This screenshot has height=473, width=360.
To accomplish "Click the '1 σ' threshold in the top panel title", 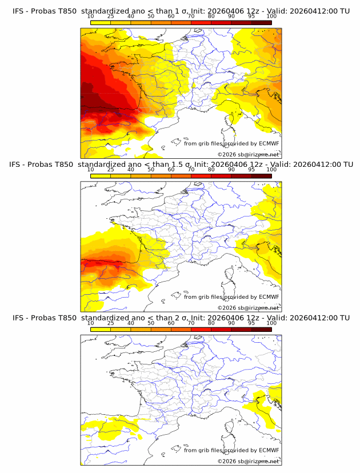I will pyautogui.click(x=185, y=11).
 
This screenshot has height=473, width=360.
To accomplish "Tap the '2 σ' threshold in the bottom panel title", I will pyautogui.click(x=185, y=318).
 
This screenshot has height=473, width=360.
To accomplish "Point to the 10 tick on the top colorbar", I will pyautogui.click(x=90, y=16).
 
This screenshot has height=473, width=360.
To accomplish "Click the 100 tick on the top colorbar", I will pyautogui.click(x=271, y=16).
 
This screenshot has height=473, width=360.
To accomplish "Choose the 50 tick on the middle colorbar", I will pyautogui.click(x=151, y=170).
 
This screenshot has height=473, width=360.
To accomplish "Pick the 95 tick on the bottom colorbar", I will pyautogui.click(x=251, y=323).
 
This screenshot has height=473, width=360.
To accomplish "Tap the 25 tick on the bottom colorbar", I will pyautogui.click(x=110, y=323).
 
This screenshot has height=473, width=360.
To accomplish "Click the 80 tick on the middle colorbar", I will pyautogui.click(x=211, y=170).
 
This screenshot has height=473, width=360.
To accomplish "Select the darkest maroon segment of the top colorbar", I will pyautogui.click(x=262, y=22).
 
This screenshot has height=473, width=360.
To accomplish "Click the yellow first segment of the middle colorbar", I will pyautogui.click(x=100, y=176).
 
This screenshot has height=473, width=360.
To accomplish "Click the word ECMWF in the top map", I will pyautogui.click(x=269, y=143).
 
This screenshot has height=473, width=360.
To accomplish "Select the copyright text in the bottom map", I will pyautogui.click(x=248, y=461).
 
